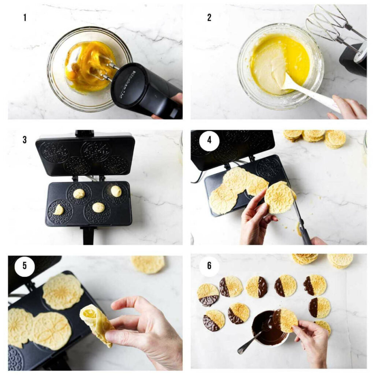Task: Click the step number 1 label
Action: pyautogui.click(x=25, y=17)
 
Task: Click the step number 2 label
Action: pyautogui.click(x=209, y=17)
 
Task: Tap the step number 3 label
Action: pyautogui.click(x=25, y=140)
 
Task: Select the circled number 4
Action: pyautogui.click(x=209, y=140)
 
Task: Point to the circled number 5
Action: pyautogui.click(x=25, y=265)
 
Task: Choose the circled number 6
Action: pyautogui.click(x=209, y=265)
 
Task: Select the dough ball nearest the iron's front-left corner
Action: pyautogui.click(x=58, y=210)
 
